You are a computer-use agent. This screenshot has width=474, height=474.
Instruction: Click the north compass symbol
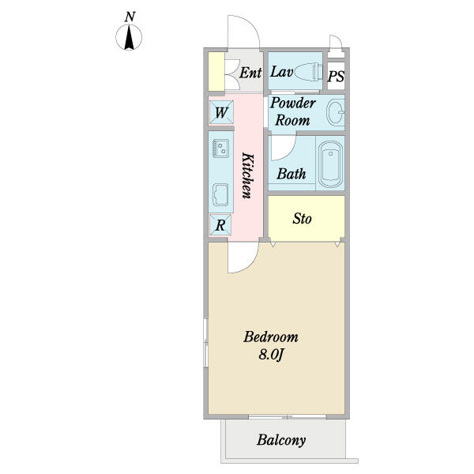tap(130, 37)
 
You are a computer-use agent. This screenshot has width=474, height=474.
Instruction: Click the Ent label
tap(250, 73)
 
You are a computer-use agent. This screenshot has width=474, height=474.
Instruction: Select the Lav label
tap(282, 72)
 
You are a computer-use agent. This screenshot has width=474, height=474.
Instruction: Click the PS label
tap(336, 77)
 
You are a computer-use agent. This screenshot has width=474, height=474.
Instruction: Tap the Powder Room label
tap(293, 111)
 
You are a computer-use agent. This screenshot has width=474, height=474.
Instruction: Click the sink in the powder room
tap(335, 113)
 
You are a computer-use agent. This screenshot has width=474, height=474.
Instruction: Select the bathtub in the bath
tap(329, 165)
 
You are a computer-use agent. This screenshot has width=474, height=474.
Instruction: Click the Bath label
tap(291, 174)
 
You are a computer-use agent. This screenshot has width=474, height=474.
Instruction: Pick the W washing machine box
tap(221, 111)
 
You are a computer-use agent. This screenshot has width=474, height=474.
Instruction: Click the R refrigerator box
tap(221, 224)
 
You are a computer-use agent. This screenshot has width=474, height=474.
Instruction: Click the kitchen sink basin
tap(220, 194)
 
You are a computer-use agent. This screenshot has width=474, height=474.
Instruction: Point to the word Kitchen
tap(246, 175)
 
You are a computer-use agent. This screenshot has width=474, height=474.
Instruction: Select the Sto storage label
tap(302, 218)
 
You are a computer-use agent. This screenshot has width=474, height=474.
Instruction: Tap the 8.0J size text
tap(270, 355)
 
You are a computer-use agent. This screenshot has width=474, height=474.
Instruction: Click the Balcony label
tap(280, 441)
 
